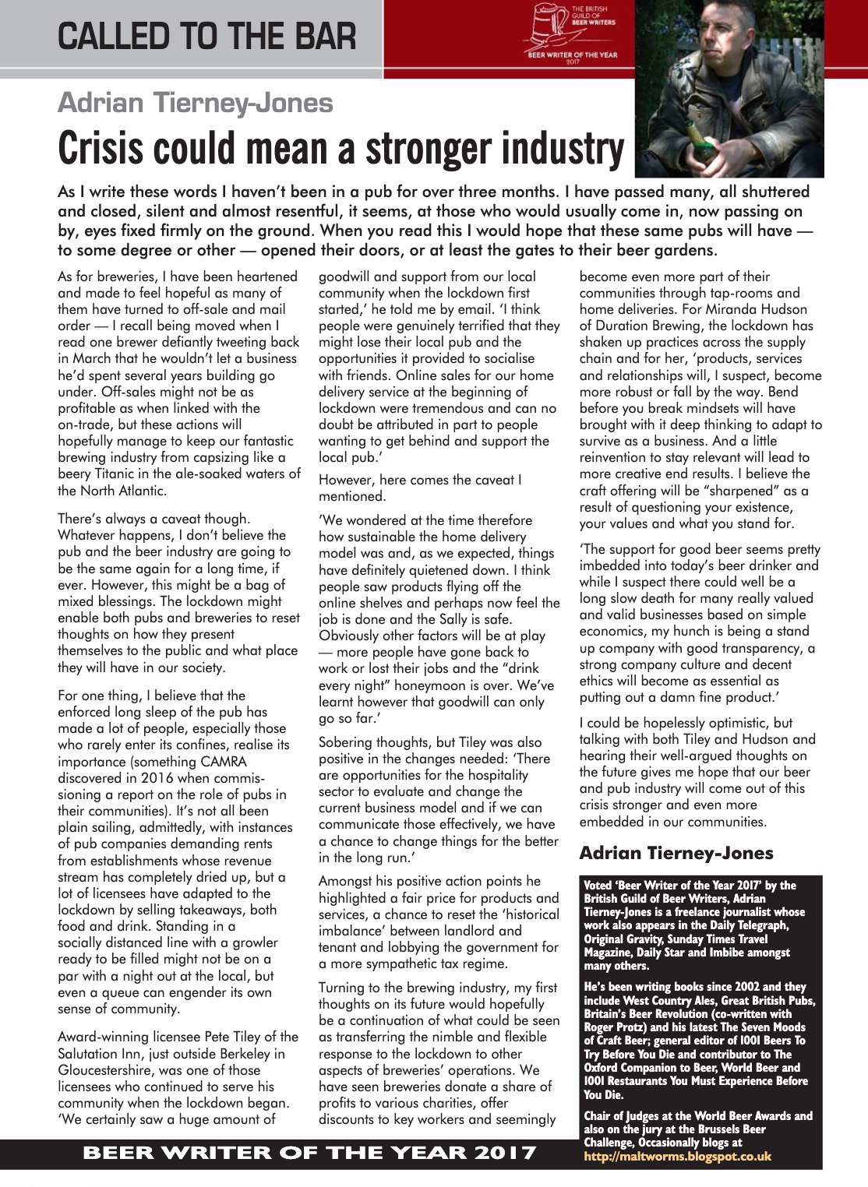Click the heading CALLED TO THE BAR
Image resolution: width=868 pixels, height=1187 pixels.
206,37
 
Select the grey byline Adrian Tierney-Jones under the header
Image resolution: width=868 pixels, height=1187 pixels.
196,103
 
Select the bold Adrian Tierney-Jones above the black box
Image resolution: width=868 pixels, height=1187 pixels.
676,853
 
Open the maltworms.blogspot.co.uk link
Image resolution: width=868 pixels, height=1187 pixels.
677,1156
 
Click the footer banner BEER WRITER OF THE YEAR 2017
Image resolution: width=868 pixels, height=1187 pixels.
309,1153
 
